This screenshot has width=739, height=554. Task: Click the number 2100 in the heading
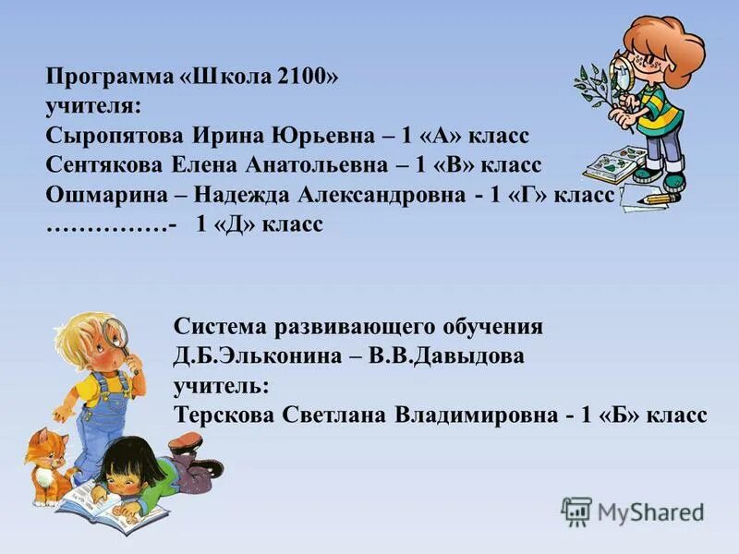pyautogui.click(x=301, y=78)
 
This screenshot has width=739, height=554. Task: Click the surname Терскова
pyautogui.click(x=221, y=415)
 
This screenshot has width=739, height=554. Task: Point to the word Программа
pyautogui.click(x=102, y=78)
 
